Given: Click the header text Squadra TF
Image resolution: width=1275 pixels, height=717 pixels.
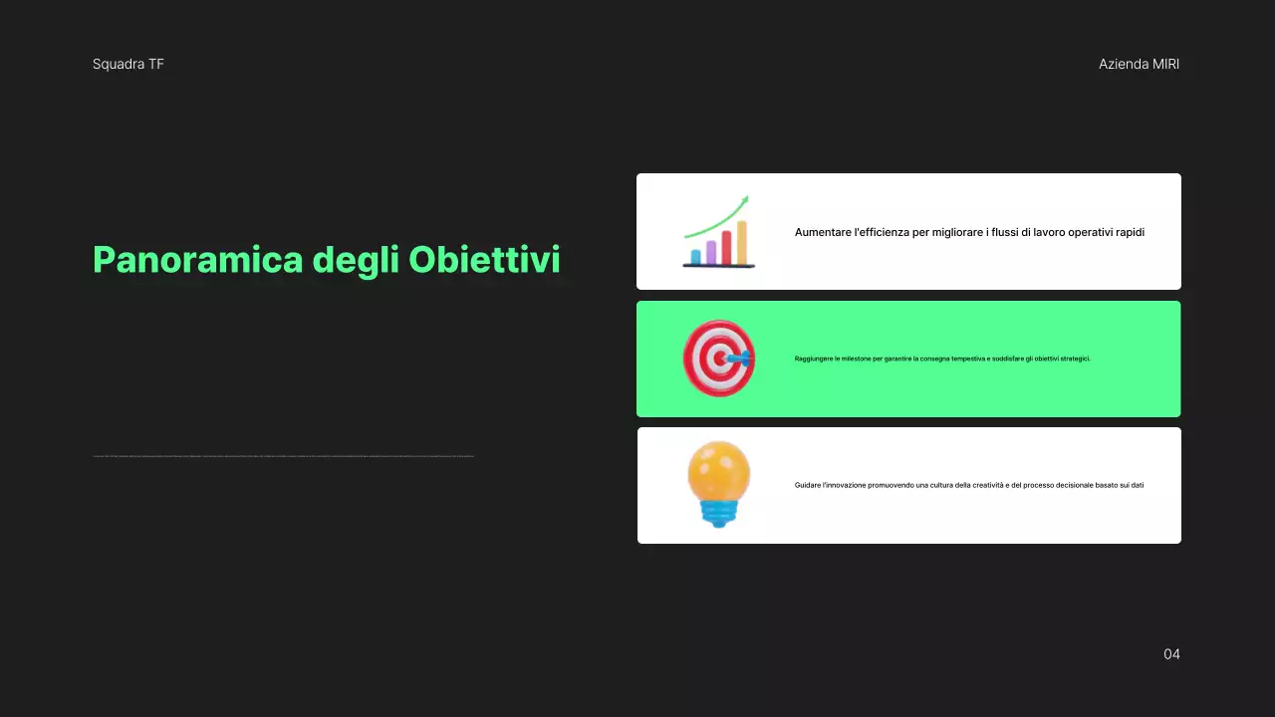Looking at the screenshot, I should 128,64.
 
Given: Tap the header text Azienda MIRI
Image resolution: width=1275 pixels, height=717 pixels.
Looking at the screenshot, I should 1139,64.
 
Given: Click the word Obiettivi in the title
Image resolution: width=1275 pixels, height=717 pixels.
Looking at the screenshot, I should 484,260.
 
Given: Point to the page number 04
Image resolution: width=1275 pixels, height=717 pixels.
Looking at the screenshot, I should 1171,654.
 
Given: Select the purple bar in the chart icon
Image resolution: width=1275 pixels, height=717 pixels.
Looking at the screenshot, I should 711,251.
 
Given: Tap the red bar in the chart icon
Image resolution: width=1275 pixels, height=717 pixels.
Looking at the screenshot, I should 727,247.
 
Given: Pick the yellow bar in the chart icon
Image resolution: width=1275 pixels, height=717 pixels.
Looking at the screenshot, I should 742,242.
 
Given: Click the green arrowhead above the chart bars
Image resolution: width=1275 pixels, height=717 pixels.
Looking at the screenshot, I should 743,200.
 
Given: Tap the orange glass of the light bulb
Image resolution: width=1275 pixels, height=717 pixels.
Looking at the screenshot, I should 718,470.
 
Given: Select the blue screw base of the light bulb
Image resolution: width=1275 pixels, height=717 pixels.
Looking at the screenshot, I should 718,513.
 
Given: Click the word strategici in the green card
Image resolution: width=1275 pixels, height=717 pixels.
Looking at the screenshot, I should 1073,358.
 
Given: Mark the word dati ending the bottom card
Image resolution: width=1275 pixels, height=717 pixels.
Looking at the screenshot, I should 1138,485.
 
